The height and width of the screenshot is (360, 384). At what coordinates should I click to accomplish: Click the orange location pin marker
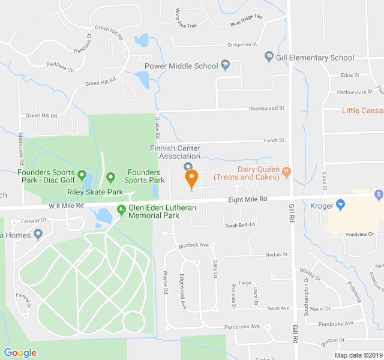click(x=191, y=178)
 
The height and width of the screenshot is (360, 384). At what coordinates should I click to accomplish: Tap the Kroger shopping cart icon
click(x=340, y=205)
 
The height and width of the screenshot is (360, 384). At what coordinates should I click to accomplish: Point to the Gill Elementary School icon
click(x=269, y=58)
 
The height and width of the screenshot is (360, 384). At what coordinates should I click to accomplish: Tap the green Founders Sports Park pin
click(x=110, y=178)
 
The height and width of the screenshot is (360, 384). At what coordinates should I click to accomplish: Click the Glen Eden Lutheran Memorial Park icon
click(x=121, y=211)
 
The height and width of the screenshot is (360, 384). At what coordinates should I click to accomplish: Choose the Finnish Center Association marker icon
click(x=188, y=166)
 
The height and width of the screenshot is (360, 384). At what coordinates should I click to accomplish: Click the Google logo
click(x=20, y=352)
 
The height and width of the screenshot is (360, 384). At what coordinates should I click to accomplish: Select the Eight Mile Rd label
click(x=247, y=199)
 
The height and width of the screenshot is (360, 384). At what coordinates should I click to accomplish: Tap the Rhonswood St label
click(x=266, y=109)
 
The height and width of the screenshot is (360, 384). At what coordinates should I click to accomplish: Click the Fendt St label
click(x=274, y=140)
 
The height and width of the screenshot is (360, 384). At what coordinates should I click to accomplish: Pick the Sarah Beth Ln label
click(x=240, y=225)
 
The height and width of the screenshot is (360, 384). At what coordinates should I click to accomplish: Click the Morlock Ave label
click(x=193, y=245)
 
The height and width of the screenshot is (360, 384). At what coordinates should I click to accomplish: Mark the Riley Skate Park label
click(x=95, y=193)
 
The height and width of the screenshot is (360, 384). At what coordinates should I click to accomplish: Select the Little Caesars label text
click(x=362, y=110)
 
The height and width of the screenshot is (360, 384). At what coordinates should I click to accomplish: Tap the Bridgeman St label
click(x=242, y=44)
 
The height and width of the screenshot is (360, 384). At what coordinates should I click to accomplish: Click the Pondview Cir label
click(x=360, y=234)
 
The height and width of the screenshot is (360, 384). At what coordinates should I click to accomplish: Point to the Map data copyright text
click(x=358, y=355)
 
